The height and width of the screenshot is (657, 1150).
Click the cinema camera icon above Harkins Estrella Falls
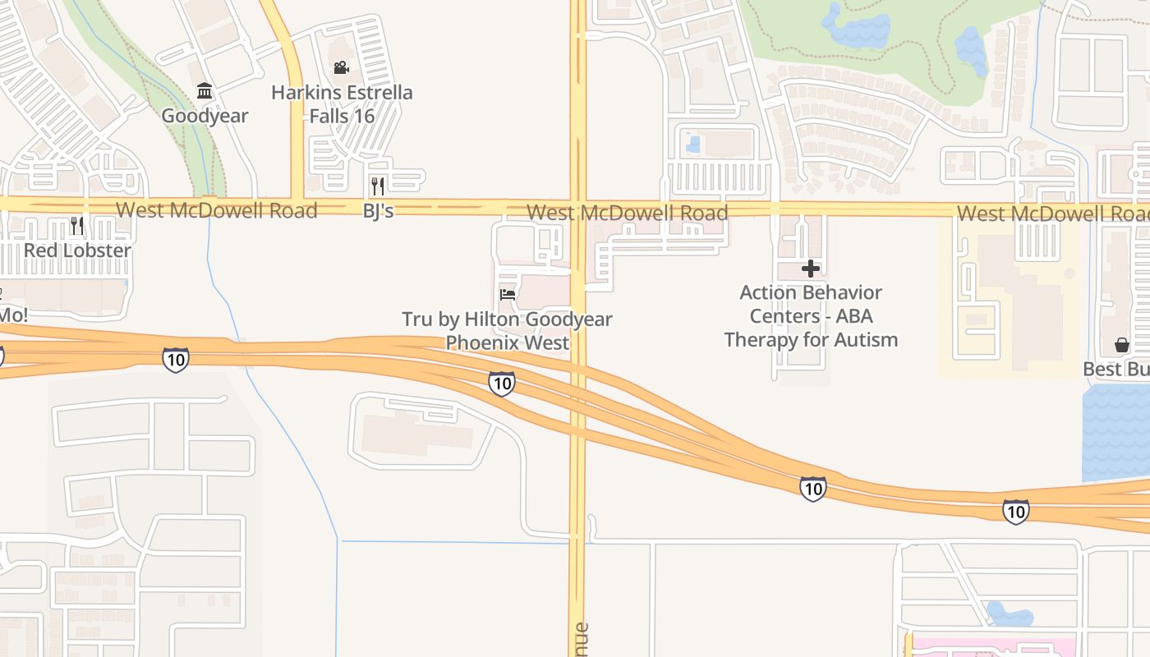[341, 67]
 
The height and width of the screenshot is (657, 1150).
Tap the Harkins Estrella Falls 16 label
[342, 104]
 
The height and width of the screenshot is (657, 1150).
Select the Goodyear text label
[205, 116]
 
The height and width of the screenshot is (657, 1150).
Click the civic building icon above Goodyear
[205, 90]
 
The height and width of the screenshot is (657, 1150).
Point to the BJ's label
[379, 211]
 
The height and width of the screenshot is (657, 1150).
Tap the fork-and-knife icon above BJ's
[378, 186]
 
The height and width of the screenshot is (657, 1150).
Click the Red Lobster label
[77, 250]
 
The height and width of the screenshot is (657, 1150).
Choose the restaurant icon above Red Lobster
[77, 225]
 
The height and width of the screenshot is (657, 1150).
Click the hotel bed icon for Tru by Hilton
[508, 294]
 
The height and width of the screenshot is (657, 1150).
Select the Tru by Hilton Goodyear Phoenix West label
[507, 331]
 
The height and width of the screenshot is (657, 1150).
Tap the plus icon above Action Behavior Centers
[811, 268]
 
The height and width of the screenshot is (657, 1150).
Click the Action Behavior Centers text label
[811, 316]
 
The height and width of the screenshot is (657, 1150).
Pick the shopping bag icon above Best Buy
[1122, 345]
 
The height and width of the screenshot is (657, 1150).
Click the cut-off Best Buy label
[1115, 370]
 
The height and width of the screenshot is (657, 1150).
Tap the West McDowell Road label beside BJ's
[217, 210]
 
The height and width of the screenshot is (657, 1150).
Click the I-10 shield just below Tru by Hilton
[501, 383]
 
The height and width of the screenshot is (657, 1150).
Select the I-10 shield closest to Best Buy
[1016, 512]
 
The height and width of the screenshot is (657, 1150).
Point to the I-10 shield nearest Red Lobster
[175, 359]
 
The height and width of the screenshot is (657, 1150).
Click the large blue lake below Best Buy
[1117, 431]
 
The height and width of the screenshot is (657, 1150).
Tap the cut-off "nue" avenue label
[580, 639]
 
